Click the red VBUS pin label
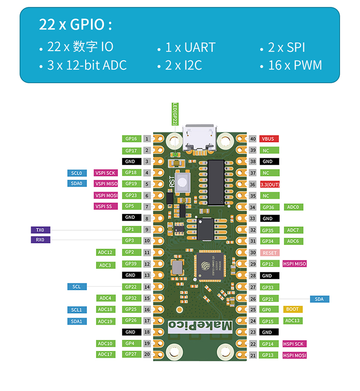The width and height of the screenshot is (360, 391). [269, 139]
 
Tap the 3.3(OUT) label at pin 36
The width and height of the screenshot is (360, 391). [269, 184]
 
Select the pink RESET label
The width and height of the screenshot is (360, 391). [269, 253]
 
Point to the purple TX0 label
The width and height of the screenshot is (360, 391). [40, 230]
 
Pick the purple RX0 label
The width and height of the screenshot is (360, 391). [40, 240]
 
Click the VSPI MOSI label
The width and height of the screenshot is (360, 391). [106, 195]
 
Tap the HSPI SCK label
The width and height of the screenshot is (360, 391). [294, 344]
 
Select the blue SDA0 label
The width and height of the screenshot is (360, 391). [77, 183]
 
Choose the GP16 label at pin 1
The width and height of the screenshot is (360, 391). [131, 139]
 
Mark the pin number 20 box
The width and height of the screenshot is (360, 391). [147, 354]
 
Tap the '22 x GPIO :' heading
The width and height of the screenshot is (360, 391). [76, 25]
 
